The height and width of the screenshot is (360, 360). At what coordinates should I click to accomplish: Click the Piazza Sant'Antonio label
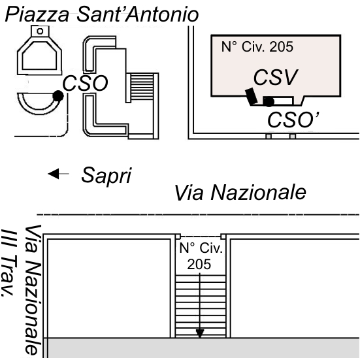[102, 14]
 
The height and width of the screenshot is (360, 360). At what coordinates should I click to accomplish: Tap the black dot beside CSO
[58, 96]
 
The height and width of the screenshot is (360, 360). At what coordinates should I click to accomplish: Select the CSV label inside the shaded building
[276, 77]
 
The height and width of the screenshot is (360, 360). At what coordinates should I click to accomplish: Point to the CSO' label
[293, 120]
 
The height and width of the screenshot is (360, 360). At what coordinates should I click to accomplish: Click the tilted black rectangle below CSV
[252, 96]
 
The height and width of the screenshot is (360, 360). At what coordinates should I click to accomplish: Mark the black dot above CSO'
[269, 101]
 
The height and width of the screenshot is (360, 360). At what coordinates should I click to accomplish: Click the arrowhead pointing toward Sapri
[54, 174]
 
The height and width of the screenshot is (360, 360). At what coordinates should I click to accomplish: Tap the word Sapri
[106, 176]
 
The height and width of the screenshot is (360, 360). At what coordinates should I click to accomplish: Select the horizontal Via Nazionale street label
[240, 192]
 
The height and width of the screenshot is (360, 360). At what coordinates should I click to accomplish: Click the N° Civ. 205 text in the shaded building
[257, 47]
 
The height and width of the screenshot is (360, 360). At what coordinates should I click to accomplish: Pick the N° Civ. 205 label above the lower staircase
[201, 256]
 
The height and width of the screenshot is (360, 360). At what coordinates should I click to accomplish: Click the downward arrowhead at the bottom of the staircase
[200, 333]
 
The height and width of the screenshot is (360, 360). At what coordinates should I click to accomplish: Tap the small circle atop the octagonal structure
[40, 31]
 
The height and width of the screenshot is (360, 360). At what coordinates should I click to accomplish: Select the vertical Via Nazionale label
[33, 289]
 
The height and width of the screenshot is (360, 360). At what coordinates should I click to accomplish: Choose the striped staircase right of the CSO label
[142, 86]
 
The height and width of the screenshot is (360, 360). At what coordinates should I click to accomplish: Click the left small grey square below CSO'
[269, 137]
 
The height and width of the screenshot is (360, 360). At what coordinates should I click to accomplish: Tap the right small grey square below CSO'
[293, 137]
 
